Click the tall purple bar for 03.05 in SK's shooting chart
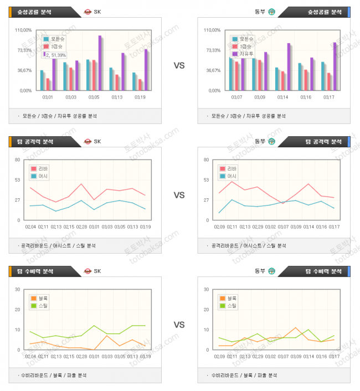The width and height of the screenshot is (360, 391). [x=100, y=63]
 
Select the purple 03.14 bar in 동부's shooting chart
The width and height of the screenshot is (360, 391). [x=289, y=66]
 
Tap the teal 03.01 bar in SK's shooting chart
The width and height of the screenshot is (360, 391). [x=42, y=80]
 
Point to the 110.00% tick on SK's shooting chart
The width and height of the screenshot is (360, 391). [x=23, y=30]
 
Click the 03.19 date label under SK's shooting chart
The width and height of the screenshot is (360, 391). [x=140, y=97]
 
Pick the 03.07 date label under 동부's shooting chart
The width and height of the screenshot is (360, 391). [x=236, y=97]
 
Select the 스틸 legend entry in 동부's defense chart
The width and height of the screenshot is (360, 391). [x=229, y=305]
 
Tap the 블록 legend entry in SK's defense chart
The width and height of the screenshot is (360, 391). [x=40, y=298]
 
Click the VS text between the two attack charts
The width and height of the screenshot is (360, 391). [x=179, y=195]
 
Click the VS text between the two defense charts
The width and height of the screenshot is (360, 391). [x=179, y=325]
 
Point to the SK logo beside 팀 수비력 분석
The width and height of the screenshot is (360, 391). [x=88, y=271]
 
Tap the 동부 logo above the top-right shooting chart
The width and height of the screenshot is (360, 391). [x=272, y=12]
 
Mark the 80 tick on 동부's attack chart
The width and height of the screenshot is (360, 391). [x=206, y=160]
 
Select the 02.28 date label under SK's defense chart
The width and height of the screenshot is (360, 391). [x=82, y=356]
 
